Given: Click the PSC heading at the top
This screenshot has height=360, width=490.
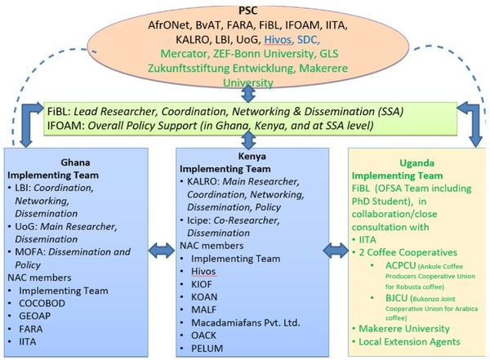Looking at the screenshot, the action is click(248, 11).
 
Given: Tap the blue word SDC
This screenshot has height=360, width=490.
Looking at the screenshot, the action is click(309, 40).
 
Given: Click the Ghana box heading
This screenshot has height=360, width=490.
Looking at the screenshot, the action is click(75, 162).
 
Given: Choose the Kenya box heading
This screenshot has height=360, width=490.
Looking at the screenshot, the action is click(252, 156).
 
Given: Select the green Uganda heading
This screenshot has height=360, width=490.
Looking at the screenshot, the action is click(416, 163).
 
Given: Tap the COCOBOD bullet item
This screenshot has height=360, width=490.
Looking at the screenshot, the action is click(42, 304).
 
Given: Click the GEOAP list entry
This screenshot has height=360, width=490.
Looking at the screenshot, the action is click(34, 316).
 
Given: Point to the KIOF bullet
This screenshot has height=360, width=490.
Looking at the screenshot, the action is click(202, 284).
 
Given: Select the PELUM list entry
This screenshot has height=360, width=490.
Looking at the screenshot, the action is click(207, 349).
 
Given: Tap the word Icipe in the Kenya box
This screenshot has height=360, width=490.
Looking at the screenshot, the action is click(198, 220).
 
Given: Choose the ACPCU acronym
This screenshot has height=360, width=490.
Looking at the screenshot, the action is click(400, 265).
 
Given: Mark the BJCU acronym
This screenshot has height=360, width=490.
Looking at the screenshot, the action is click(397, 298).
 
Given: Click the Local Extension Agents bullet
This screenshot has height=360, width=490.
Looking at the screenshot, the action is click(409, 342).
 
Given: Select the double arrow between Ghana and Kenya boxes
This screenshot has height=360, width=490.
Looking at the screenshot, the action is click(162, 251).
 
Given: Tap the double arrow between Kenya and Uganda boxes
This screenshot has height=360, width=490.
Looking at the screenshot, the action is click(336, 251).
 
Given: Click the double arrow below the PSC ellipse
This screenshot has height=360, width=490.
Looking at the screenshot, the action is click(248, 93).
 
